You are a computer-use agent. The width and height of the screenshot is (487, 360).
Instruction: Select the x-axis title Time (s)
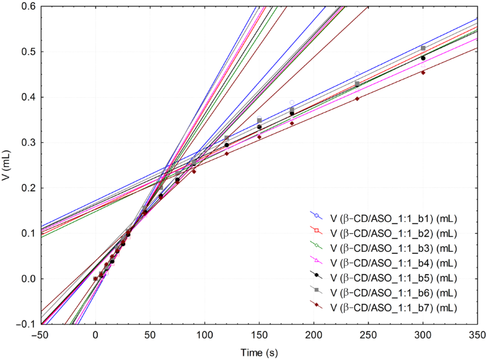pos(259,353)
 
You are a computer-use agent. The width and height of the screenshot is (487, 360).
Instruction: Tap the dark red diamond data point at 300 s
pos(423,72)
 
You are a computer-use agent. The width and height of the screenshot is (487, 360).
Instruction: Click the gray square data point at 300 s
pos(423,49)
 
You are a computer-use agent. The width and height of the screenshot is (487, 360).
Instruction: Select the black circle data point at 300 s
pos(423,58)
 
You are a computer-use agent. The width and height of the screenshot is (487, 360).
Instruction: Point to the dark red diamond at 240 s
pos(357,99)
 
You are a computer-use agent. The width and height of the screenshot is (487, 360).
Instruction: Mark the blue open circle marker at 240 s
pos(357,73)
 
